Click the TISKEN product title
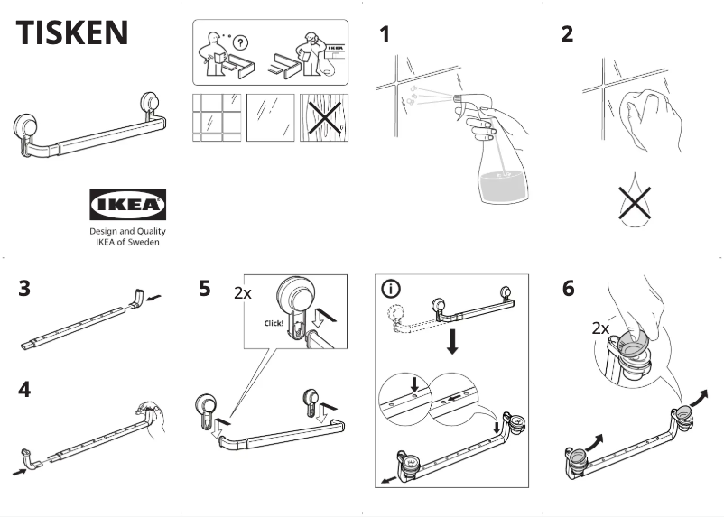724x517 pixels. [x=72, y=32]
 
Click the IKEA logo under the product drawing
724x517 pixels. [x=127, y=205]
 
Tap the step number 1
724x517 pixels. [x=385, y=35]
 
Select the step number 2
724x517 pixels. [x=567, y=35]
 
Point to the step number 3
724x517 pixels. [x=25, y=290]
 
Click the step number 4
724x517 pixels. [x=25, y=390]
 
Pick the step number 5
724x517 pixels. [x=205, y=290]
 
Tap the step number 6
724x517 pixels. [x=568, y=290]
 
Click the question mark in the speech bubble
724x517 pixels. [x=240, y=43]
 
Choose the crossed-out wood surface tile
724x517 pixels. [x=323, y=118]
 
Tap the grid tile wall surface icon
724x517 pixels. [x=216, y=118]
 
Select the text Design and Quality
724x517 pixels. [x=127, y=231]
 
